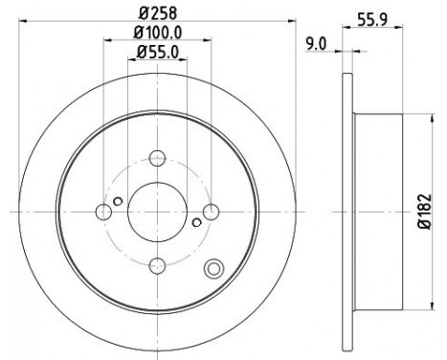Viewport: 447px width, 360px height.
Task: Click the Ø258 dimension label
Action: click(x=158, y=13)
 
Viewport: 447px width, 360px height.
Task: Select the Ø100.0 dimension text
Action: click(x=158, y=33)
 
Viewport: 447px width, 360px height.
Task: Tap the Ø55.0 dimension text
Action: click(x=157, y=53)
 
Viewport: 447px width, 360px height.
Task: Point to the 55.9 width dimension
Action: click(x=372, y=20)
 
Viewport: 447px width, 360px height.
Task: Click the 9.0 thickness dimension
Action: click(x=316, y=44)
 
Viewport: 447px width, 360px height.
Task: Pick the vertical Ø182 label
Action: click(x=425, y=212)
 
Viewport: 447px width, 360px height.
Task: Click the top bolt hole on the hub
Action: click(x=158, y=158)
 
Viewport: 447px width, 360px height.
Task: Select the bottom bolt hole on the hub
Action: click(x=158, y=265)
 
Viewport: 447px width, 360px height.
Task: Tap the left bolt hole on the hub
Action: click(x=103, y=212)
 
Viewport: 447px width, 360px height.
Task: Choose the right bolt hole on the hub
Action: click(x=212, y=212)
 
